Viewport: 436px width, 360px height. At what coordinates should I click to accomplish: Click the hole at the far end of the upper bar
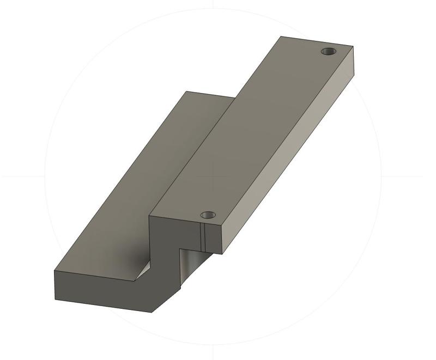(328, 51)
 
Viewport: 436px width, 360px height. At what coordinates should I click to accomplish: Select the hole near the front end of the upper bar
(208, 215)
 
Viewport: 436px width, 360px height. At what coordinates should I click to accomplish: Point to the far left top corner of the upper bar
(281, 36)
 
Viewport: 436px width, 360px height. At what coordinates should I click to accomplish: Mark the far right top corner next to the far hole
(353, 47)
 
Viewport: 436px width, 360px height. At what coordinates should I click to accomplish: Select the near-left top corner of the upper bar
(150, 216)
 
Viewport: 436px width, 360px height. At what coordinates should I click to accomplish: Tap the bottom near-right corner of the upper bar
(222, 254)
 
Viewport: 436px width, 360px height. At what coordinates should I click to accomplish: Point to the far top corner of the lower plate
(186, 91)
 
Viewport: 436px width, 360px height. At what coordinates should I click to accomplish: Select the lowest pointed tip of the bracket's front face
(152, 313)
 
